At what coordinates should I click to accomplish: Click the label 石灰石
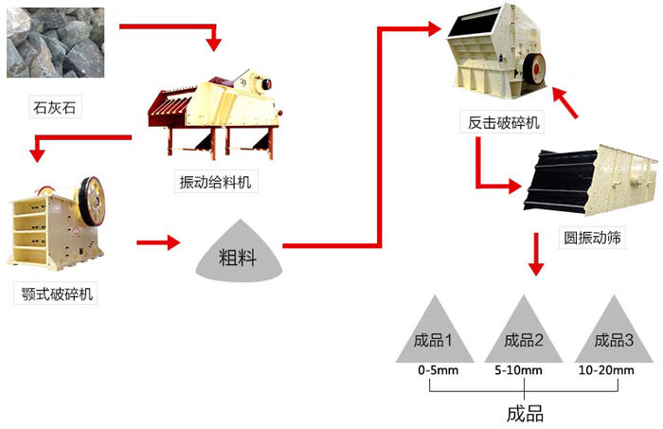54,108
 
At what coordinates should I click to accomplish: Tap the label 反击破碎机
502,123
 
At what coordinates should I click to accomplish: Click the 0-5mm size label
438,370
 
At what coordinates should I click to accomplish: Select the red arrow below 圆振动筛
536,258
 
